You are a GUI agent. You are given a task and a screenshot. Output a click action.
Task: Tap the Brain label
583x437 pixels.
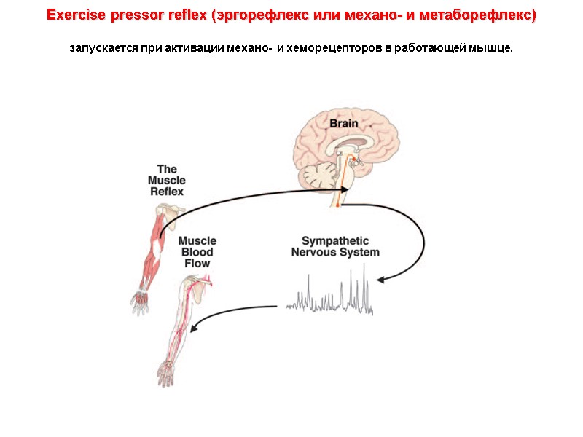point(344,123)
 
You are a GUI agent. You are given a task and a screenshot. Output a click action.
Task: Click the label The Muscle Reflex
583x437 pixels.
point(167,181)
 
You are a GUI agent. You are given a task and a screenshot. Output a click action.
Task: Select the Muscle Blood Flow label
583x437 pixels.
point(197,252)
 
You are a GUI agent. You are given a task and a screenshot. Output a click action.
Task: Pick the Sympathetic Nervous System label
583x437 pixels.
point(335,246)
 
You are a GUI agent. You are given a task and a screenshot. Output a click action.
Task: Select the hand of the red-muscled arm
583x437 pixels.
point(138,302)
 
